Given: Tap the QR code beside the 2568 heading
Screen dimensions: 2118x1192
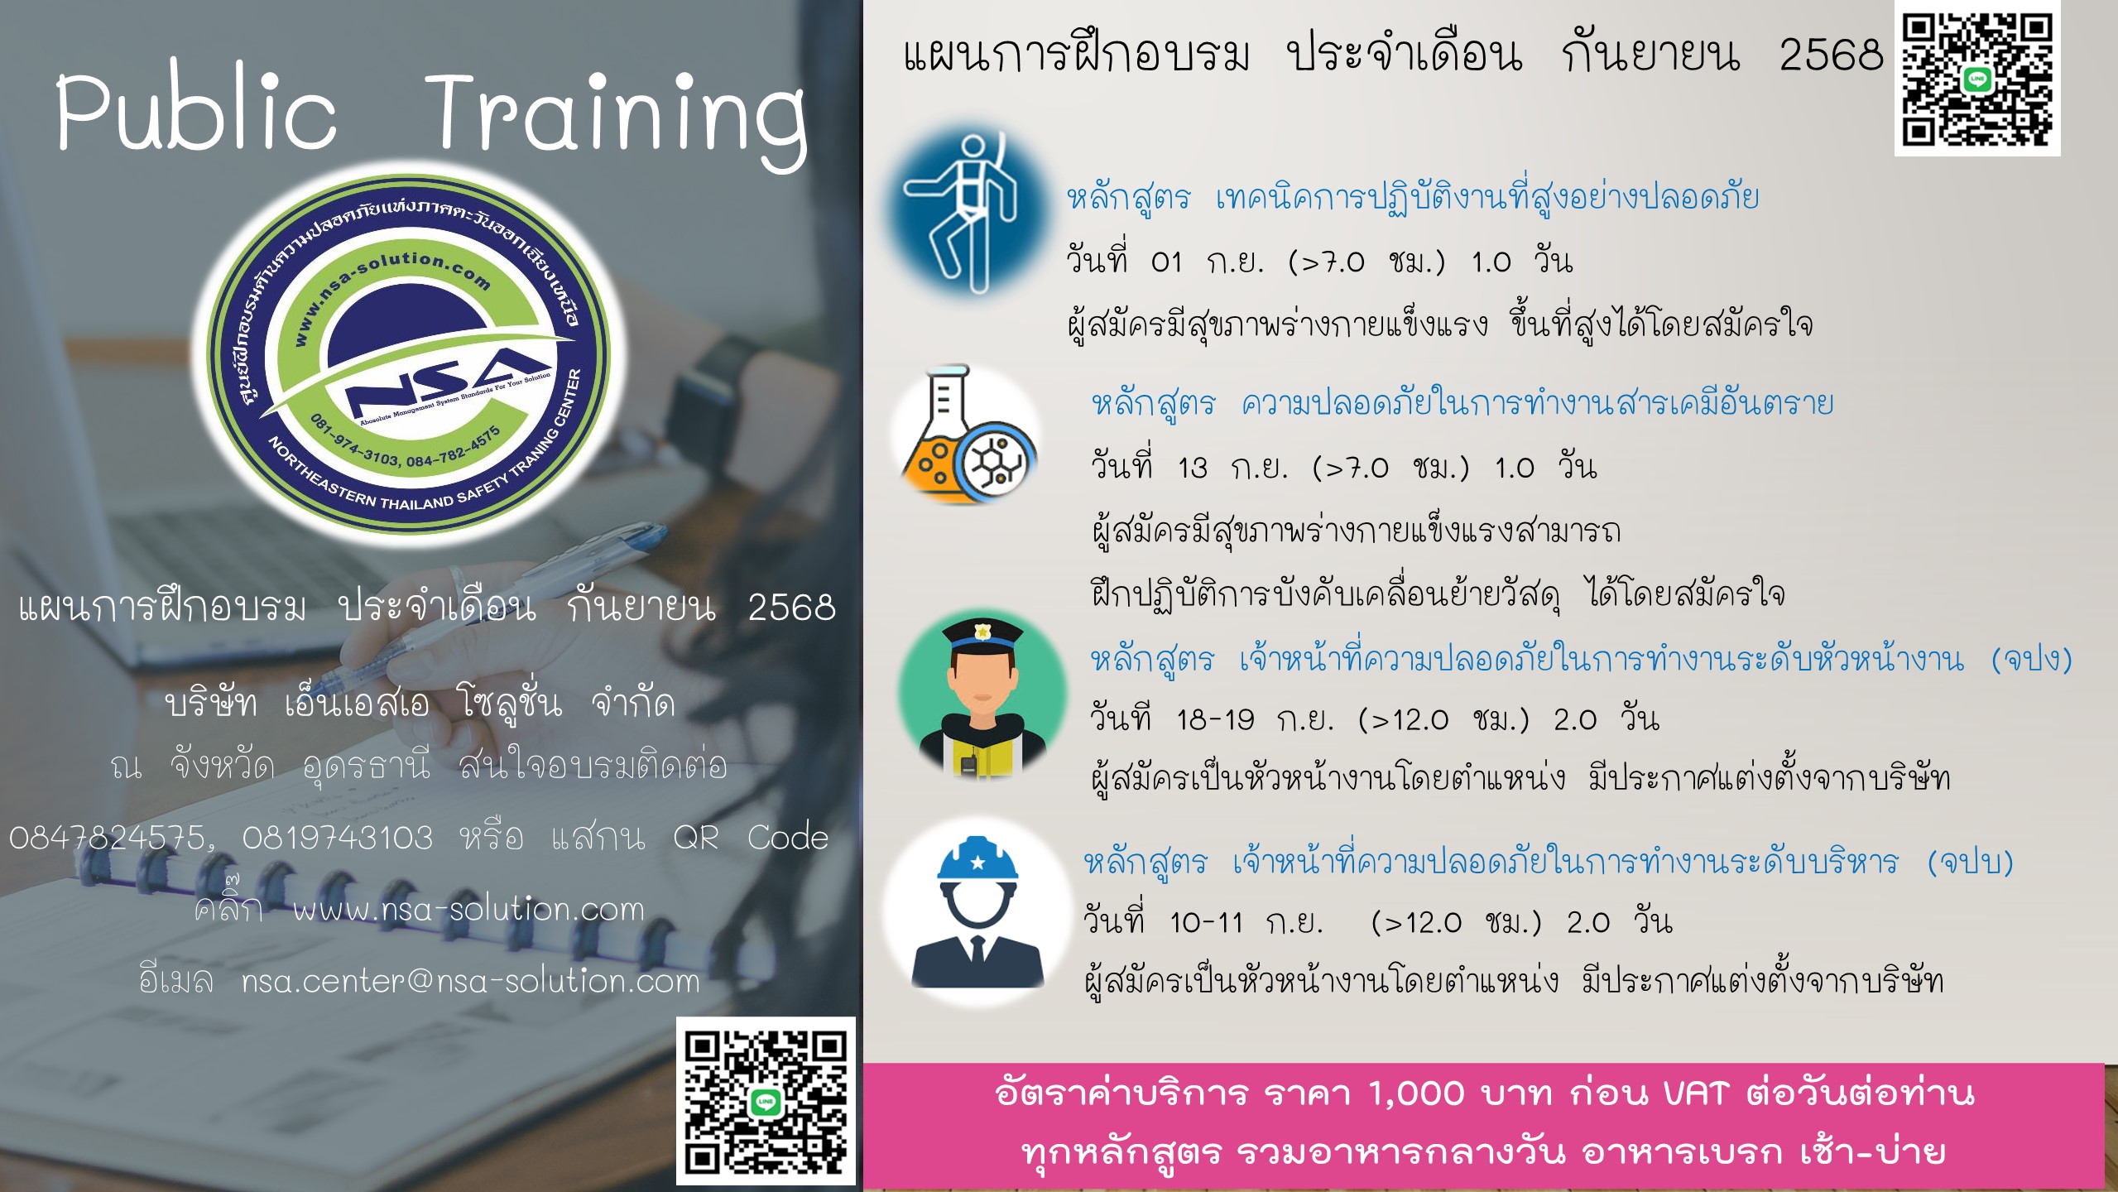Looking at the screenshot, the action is pyautogui.click(x=1976, y=80).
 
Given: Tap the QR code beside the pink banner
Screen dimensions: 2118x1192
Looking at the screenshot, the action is pyautogui.click(x=766, y=1102).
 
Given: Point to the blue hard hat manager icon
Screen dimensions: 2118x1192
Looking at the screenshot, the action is pyautogui.click(x=977, y=911).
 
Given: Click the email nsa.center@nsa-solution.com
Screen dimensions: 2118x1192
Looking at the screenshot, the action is pyautogui.click(x=471, y=981).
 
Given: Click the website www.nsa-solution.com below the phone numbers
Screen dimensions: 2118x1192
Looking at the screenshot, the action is pyautogui.click(x=468, y=910).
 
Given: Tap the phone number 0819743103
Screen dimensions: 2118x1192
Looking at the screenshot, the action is pyautogui.click(x=338, y=839).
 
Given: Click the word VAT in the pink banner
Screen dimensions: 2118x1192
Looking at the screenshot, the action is pyautogui.click(x=1697, y=1093).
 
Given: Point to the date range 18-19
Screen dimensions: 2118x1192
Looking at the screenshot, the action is pyautogui.click(x=1215, y=719).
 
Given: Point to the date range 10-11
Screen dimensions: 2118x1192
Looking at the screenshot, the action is pyautogui.click(x=1206, y=922).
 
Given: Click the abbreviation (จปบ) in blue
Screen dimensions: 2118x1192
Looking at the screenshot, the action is pyautogui.click(x=1971, y=863).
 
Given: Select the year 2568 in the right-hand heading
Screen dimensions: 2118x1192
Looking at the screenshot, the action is pyautogui.click(x=1831, y=55).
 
